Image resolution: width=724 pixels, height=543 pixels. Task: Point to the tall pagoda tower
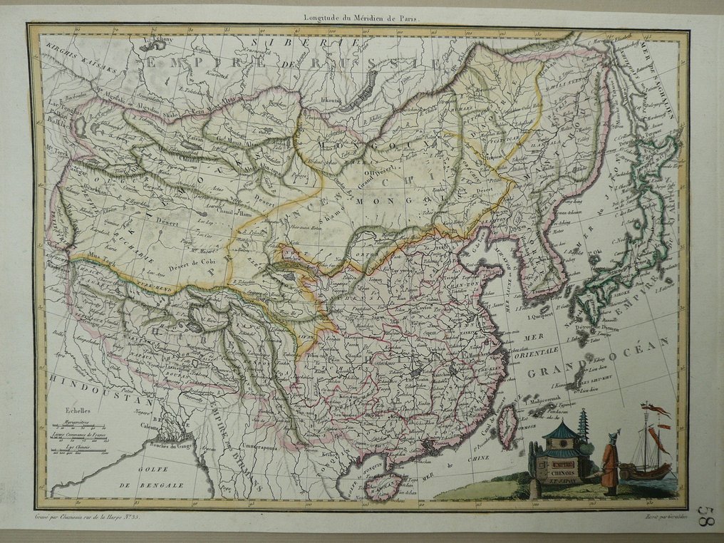point(583,428)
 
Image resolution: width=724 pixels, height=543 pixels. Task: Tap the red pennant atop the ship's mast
point(656,410)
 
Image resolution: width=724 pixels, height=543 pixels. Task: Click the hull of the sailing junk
point(646,472)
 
